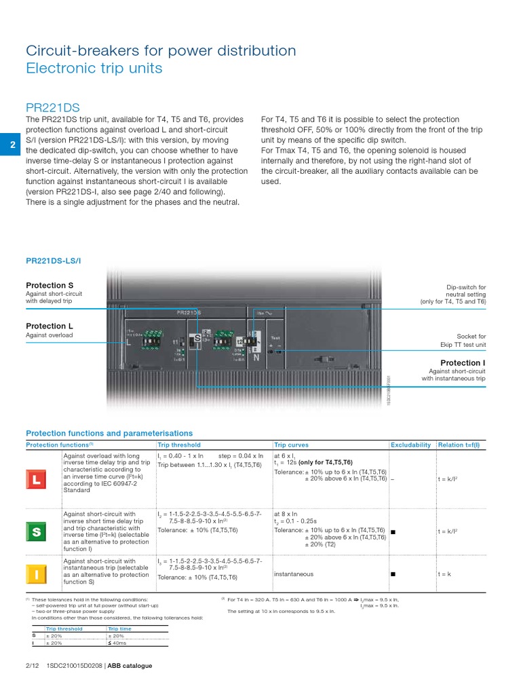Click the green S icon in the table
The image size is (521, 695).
click(36, 532)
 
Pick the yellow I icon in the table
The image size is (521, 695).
click(36, 575)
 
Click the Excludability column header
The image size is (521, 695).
click(410, 445)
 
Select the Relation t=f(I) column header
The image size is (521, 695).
click(459, 445)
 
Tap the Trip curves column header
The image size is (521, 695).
click(291, 445)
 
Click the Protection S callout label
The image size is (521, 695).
click(50, 285)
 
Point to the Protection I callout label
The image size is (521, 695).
click(463, 363)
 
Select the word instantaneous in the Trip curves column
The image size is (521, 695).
click(294, 574)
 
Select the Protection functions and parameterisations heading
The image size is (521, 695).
click(109, 433)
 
